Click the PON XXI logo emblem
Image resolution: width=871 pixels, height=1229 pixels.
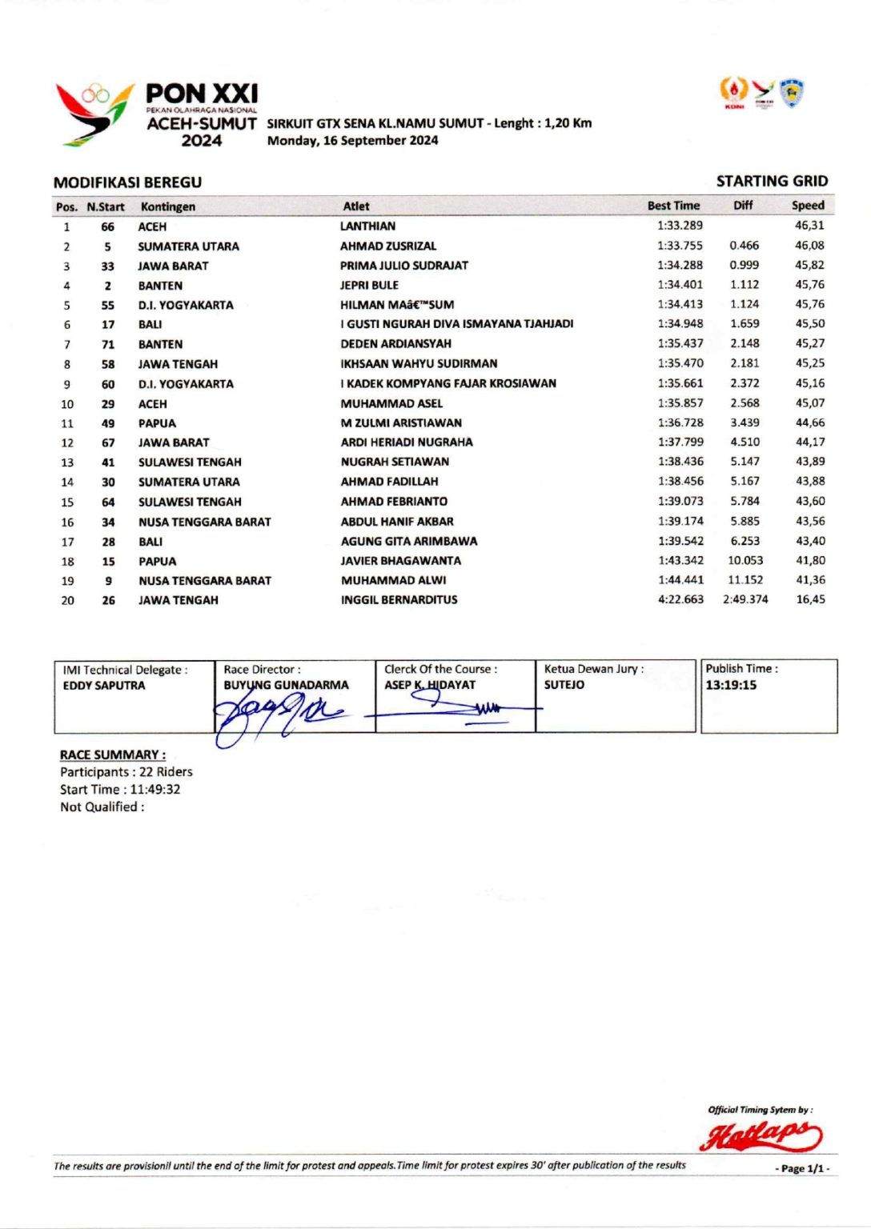point(94,114)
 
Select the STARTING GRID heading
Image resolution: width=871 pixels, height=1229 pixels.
point(772,182)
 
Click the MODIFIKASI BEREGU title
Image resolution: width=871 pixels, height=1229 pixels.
point(127,182)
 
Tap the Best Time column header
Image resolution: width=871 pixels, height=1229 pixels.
point(673,206)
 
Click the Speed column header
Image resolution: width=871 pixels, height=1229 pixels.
point(808,206)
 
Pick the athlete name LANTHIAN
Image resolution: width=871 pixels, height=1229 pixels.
point(367,226)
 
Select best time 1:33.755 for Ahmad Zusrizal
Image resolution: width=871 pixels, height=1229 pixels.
point(680,246)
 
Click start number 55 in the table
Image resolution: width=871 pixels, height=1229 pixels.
point(107,305)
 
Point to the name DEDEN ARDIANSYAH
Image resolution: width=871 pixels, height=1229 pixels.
point(395,344)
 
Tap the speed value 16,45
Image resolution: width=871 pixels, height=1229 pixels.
point(810,599)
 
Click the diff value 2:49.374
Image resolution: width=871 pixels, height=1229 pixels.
point(745,599)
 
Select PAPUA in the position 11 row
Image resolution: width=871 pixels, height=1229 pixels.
point(157,423)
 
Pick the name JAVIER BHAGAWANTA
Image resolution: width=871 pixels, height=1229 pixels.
point(400,561)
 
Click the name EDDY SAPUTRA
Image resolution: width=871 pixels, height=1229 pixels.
point(104,686)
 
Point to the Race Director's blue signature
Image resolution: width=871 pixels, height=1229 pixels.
point(276,711)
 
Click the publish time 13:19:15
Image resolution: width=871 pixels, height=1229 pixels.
point(731,685)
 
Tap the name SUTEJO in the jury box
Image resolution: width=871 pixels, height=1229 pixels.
point(564,685)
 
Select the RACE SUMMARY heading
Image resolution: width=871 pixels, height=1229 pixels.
point(113,755)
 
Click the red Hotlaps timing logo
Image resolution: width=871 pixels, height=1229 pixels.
point(760,1135)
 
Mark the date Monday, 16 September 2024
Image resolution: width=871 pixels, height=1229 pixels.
point(352,141)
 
